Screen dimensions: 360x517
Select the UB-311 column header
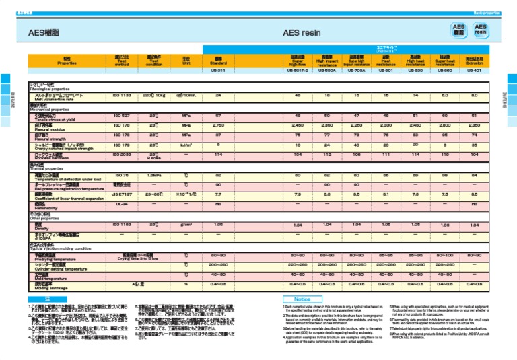pos(218,70)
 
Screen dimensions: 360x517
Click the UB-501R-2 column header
pos(299,70)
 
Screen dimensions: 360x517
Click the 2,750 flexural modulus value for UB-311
pos(218,124)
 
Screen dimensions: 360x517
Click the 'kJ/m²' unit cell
pos(186,144)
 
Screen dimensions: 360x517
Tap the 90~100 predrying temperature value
pos(446,255)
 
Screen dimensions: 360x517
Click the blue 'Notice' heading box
pos(302,298)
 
